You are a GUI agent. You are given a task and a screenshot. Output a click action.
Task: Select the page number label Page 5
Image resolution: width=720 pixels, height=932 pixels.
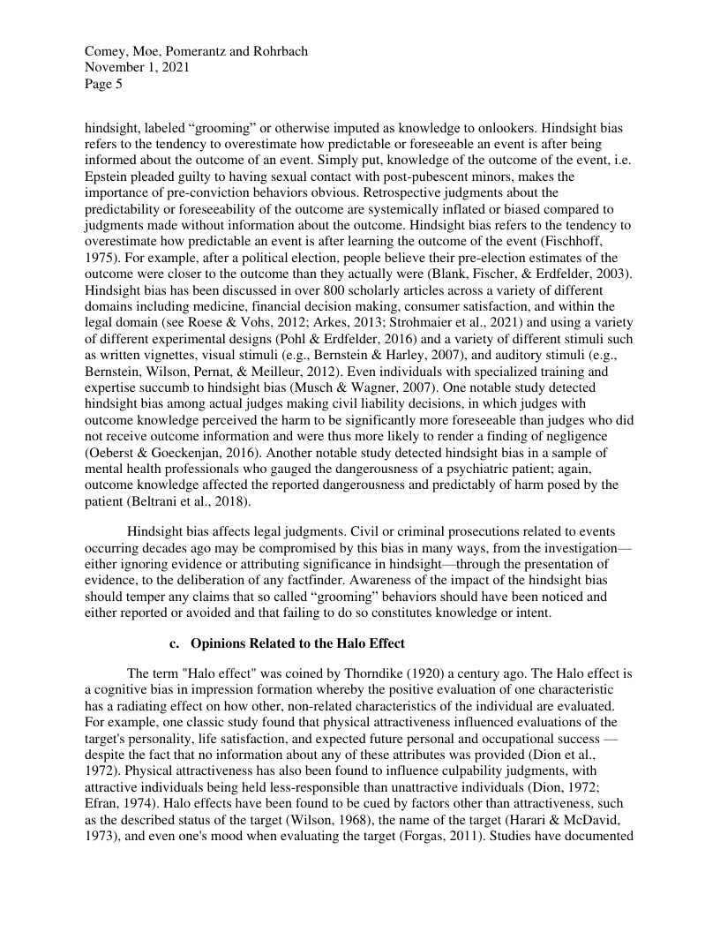click(x=103, y=85)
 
